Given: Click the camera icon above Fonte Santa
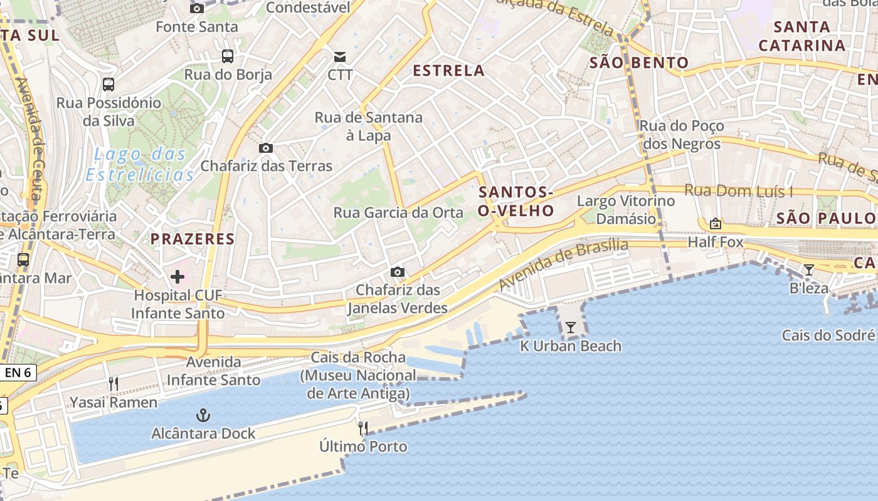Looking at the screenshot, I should [197, 8].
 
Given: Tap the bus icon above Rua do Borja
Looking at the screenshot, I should [228, 56].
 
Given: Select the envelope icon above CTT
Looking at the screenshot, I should [339, 57].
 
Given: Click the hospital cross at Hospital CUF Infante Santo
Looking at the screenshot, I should [177, 276].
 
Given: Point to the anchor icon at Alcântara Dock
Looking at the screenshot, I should [203, 415].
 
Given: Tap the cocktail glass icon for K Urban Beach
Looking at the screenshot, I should [570, 327].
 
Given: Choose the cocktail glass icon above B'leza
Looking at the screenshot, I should [809, 270].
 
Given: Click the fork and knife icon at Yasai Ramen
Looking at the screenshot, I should [114, 383].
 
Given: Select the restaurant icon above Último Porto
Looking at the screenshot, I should [363, 428].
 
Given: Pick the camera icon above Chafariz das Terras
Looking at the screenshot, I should [266, 148].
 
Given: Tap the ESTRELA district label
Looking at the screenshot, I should [448, 70].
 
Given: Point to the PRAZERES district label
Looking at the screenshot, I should [193, 239].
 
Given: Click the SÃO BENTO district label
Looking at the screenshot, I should [639, 63].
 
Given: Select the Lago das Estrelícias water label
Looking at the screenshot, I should [140, 164].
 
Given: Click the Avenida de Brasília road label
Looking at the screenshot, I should [563, 264].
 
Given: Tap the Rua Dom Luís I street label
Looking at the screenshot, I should [738, 191].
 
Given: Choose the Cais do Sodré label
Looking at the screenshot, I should [828, 335].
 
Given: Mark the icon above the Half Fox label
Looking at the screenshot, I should [715, 224].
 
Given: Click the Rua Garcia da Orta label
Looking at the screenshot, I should [398, 212].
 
